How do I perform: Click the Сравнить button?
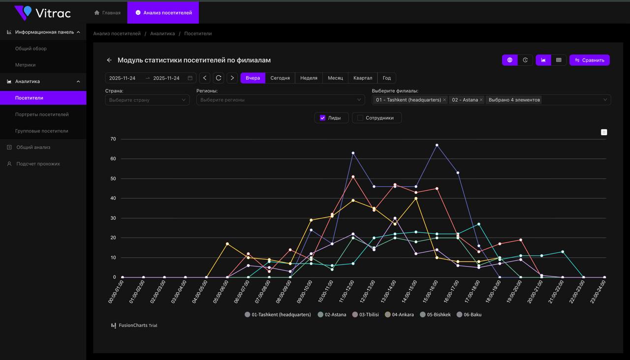tap(589, 60)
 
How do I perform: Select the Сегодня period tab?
tap(280, 78)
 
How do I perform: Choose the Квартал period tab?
tap(363, 78)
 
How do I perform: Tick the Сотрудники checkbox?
tap(360, 118)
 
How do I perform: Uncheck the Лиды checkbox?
tap(323, 118)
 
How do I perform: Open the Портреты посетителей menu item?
tap(42, 115)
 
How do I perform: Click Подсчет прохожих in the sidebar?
tap(38, 164)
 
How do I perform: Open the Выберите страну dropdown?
tap(147, 100)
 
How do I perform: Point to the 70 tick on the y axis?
tap(113, 139)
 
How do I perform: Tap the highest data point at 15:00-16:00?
tap(437, 145)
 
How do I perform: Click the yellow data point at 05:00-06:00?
tap(227, 244)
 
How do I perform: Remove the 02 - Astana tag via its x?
tap(481, 100)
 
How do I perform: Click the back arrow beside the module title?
tap(109, 60)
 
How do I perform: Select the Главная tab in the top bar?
tap(107, 13)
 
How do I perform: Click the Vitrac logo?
tap(43, 13)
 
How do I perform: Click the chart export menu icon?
tap(604, 132)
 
